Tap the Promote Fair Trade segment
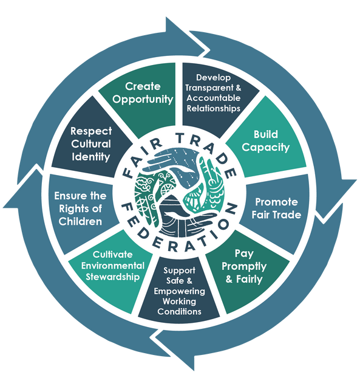275,211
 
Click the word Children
80,221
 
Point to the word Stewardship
113,277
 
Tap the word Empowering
179,291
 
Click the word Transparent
209,88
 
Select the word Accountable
213,98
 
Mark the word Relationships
213,108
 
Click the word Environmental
113,266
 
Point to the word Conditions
179,311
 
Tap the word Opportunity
143,99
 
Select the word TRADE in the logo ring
208,151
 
